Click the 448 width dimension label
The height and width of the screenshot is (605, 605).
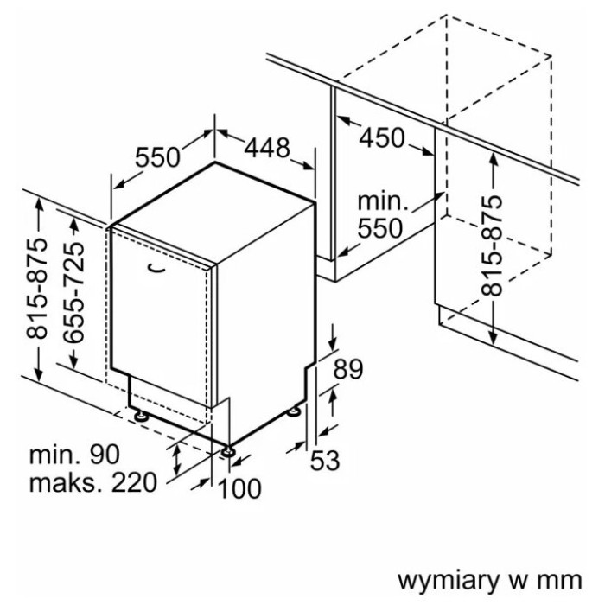[266, 148]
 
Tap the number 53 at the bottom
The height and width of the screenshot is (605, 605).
[324, 462]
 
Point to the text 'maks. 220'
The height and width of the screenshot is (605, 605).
[90, 481]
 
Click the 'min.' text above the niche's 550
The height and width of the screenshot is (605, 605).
[382, 202]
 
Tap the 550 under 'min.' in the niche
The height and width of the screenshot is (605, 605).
[382, 228]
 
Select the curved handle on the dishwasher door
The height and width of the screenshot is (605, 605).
[156, 269]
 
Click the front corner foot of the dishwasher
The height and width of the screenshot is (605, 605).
[228, 450]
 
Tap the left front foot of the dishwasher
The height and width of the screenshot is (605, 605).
[140, 416]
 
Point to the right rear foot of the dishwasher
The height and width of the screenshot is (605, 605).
[298, 411]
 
